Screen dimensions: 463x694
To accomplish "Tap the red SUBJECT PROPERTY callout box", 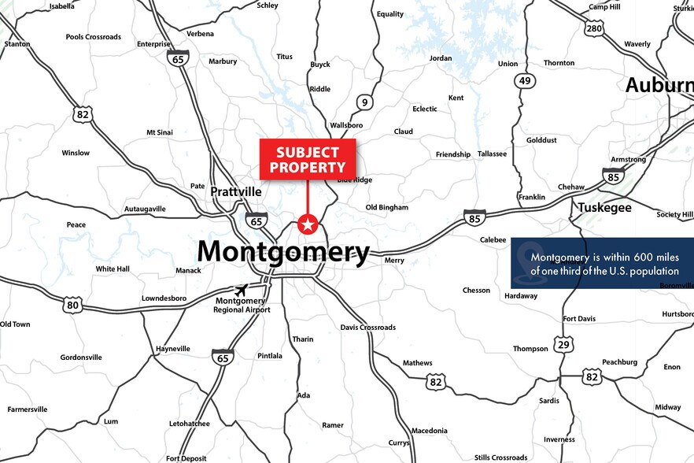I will point(308,159).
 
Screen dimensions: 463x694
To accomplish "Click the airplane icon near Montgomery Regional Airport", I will point(240,290).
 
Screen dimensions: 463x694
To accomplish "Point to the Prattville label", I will point(236,191).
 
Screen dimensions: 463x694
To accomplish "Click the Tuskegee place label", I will point(604,208).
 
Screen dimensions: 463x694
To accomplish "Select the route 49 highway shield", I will point(525,80).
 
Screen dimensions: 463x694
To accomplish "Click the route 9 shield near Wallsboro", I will point(364,102).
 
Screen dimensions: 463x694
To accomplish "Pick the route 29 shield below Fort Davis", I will point(563,344).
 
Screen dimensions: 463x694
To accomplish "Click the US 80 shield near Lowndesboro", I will point(73,305).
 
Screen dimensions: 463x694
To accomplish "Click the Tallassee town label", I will point(492,154).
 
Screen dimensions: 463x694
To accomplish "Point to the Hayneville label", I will point(173,349).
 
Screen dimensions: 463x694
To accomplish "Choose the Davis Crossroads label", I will point(367,328).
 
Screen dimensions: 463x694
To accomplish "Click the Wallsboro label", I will point(346,125).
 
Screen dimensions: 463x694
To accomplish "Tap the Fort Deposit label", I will point(186,458).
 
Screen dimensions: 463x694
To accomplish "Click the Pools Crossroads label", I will point(94,37).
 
